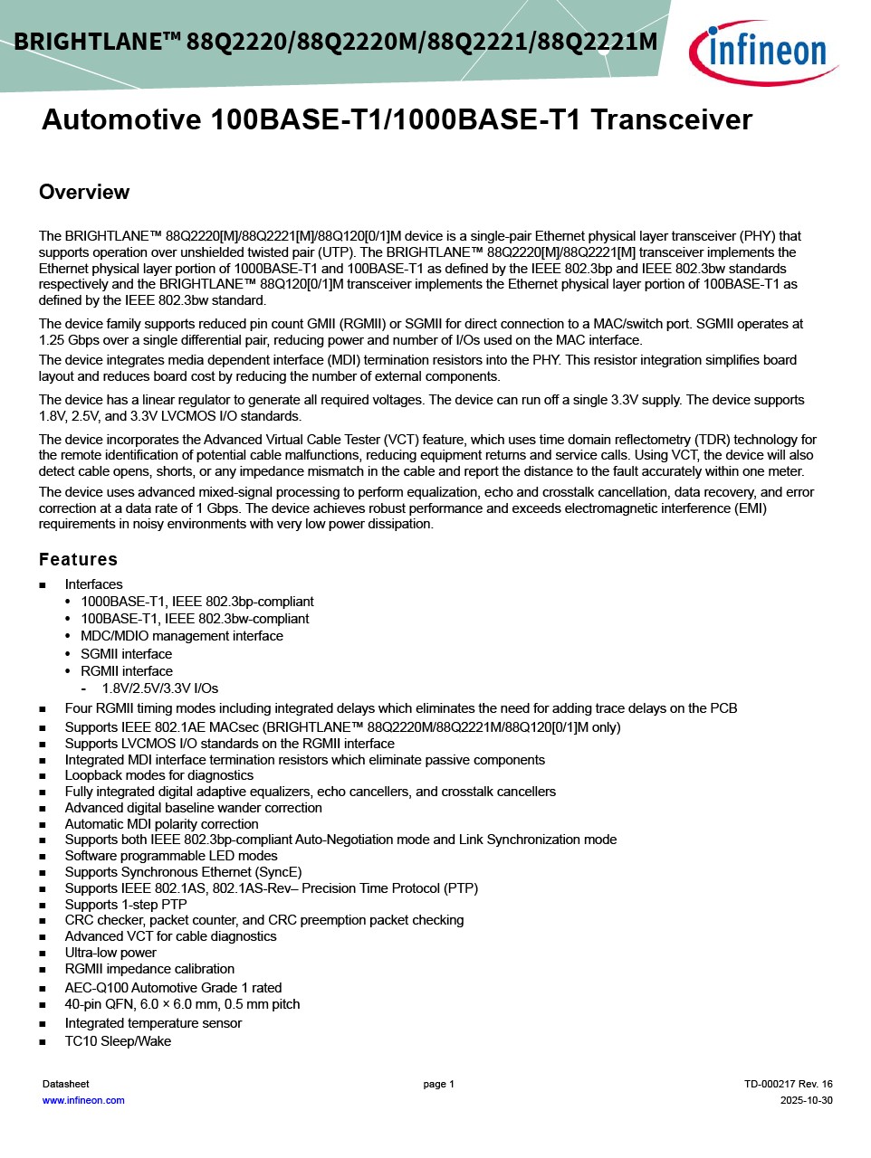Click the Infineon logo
(762, 52)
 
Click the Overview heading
(84, 192)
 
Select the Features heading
(78, 559)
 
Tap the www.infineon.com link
(83, 1100)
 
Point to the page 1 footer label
(438, 1084)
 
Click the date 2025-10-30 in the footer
(806, 1100)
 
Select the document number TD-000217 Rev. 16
(788, 1084)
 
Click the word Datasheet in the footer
(66, 1084)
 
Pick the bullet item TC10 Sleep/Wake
(118, 1041)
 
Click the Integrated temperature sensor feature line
(153, 1023)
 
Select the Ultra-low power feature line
(110, 953)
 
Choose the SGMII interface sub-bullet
(126, 654)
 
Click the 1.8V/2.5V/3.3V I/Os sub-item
(159, 688)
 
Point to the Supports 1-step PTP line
(126, 905)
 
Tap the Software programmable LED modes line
(171, 856)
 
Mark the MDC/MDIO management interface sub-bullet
(181, 636)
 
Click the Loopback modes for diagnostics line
(158, 775)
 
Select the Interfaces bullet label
(93, 584)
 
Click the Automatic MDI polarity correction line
(161, 824)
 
